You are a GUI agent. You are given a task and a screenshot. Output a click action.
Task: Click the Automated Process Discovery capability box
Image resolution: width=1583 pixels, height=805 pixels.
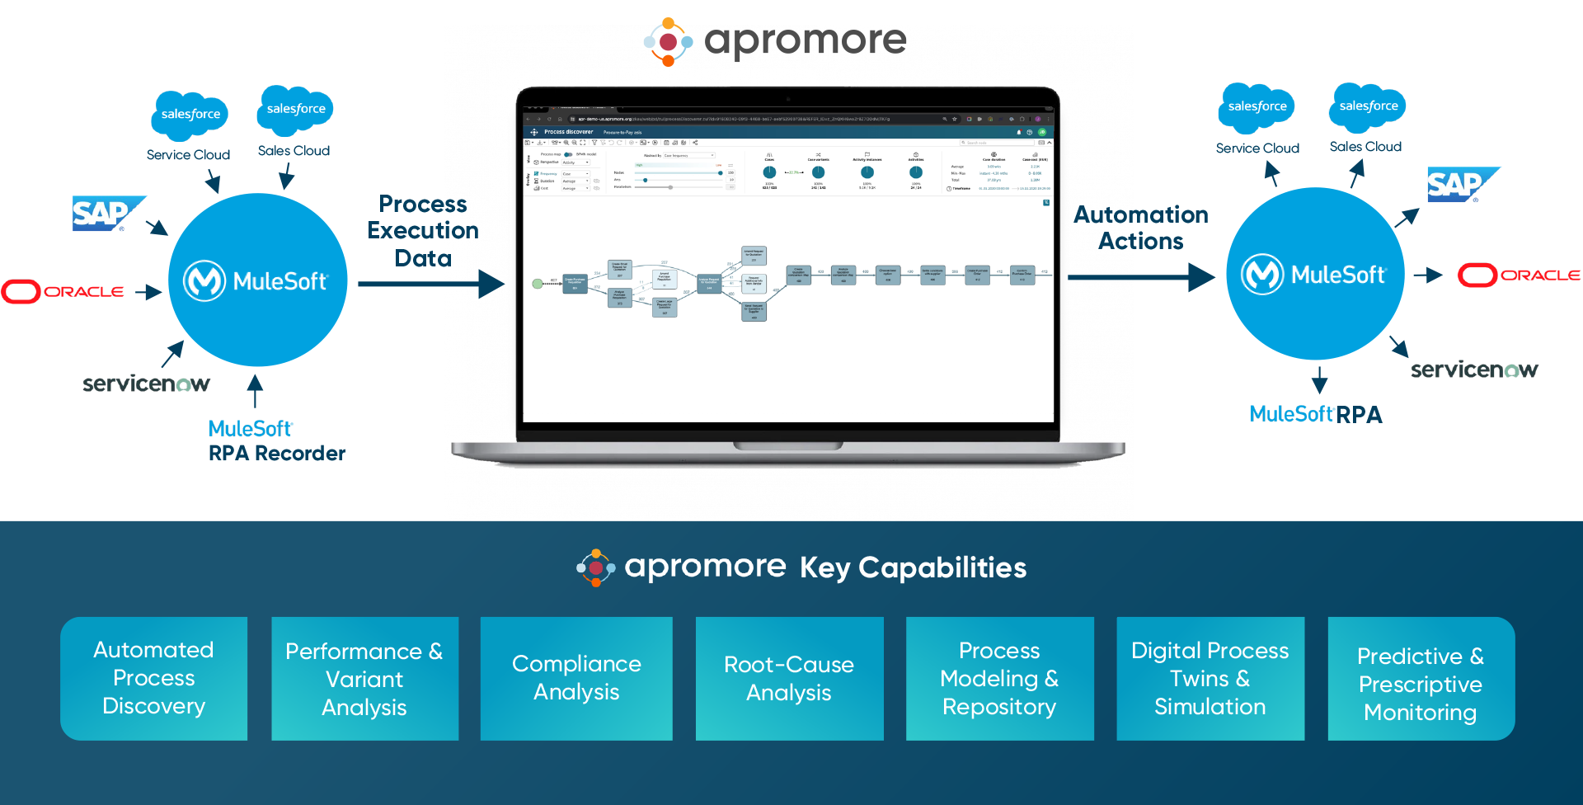[153, 678]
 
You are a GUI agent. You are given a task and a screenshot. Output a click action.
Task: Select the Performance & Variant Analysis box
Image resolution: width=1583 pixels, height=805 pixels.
[364, 678]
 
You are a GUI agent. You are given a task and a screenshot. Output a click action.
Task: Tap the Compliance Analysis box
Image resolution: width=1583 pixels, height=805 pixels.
[576, 678]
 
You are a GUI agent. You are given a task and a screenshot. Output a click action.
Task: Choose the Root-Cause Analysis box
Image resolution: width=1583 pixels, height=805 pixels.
[789, 678]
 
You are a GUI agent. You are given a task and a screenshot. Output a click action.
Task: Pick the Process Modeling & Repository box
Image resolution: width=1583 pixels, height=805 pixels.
[999, 678]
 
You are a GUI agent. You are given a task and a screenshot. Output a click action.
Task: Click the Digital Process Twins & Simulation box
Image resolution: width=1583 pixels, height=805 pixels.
[1210, 678]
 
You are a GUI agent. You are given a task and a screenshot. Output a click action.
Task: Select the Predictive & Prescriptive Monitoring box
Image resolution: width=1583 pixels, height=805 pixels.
[1421, 678]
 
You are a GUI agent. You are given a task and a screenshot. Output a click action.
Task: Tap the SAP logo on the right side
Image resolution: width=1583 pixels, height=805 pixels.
[1458, 185]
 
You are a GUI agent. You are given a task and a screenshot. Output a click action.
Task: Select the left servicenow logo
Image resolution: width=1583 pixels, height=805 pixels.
[146, 384]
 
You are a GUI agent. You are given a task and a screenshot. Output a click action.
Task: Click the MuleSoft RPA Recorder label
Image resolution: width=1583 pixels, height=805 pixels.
[275, 441]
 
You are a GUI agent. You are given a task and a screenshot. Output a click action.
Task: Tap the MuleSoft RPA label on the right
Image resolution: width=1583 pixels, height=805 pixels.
[1315, 414]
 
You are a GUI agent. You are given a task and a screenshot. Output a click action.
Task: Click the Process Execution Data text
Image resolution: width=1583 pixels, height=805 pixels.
[423, 231]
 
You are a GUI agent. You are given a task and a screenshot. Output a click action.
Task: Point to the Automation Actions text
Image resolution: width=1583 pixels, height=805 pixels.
[1141, 228]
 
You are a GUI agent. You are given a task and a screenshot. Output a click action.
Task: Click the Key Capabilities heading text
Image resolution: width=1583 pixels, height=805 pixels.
[913, 567]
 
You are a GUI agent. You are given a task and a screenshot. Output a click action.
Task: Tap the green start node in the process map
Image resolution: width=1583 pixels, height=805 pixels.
[538, 284]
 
